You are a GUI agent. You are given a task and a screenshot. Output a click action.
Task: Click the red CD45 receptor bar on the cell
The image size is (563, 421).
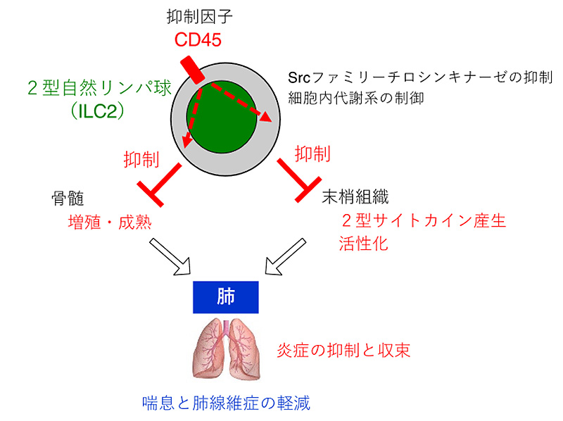(x=191, y=70)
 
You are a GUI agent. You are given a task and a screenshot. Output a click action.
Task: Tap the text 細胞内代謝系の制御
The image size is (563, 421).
(x=356, y=99)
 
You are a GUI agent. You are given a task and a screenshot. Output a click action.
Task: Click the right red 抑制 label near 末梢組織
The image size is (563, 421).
(x=312, y=153)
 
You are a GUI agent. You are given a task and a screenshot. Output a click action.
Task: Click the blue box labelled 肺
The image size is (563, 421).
(x=226, y=296)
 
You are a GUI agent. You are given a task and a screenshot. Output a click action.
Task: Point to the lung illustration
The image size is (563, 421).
(x=227, y=348)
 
